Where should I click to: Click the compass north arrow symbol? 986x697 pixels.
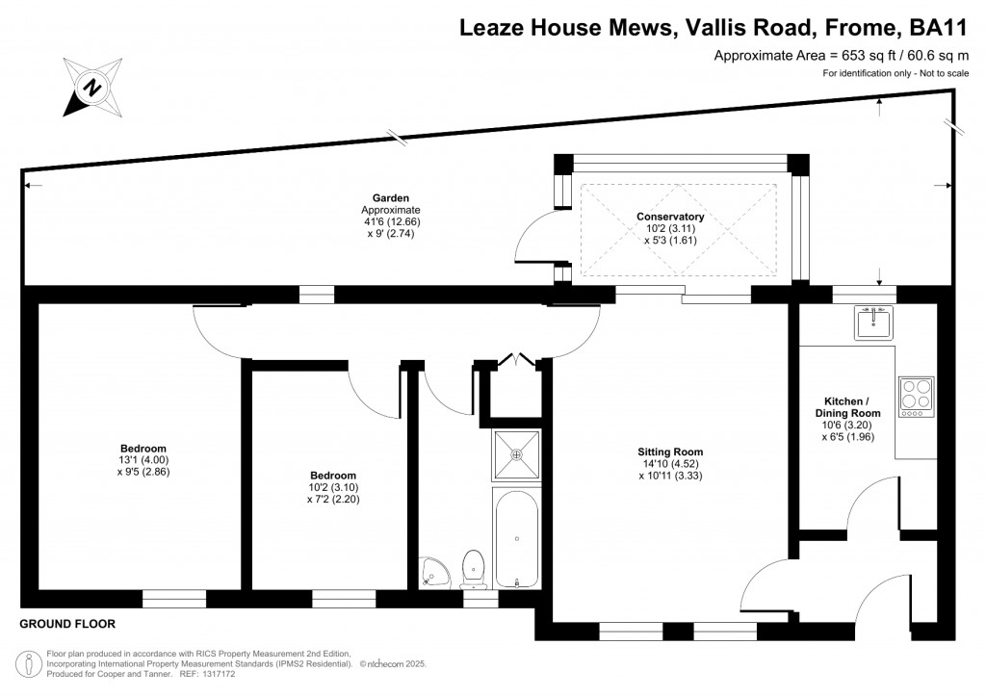tap(91, 88)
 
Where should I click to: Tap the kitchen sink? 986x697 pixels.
tap(873, 323)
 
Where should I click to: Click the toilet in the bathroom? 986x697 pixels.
tap(473, 568)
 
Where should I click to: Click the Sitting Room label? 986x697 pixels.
tap(670, 452)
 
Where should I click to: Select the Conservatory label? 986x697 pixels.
tap(670, 217)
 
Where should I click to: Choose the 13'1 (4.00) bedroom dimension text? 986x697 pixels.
tap(143, 460)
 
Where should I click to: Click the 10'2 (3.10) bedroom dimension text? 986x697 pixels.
tap(333, 487)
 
